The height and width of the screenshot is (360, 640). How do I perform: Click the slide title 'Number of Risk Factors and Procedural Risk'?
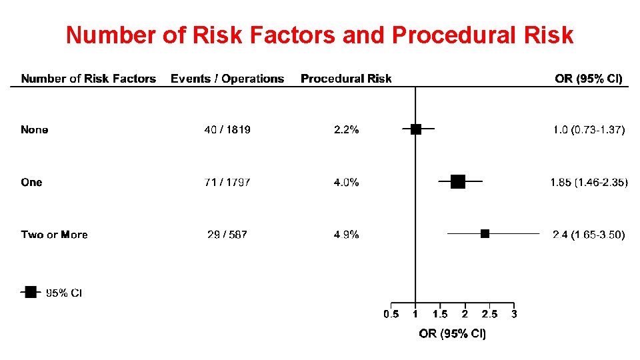(319, 35)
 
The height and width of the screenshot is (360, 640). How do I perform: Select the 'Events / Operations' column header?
(227, 79)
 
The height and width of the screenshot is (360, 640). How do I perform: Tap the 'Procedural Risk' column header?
(346, 79)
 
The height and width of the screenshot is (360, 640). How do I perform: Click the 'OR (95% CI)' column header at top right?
(588, 79)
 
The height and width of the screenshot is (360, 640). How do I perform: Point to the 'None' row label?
(35, 130)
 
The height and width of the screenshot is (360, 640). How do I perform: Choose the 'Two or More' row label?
(54, 235)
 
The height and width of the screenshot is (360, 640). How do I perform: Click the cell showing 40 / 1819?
(227, 130)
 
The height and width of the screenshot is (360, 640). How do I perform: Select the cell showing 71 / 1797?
(227, 182)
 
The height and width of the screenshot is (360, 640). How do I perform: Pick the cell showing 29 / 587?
(227, 235)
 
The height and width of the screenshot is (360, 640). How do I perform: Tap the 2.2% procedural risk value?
(346, 130)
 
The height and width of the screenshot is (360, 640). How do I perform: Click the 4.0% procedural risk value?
(346, 182)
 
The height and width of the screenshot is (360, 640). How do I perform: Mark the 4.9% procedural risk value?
(346, 235)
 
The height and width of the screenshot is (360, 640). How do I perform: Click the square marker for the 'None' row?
(416, 129)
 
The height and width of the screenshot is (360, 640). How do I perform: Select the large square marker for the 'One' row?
(458, 181)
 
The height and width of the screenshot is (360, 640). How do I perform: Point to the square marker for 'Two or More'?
(485, 233)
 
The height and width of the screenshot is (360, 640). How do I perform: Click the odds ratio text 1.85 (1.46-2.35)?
(589, 182)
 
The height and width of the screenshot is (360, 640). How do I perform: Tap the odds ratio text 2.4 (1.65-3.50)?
(589, 235)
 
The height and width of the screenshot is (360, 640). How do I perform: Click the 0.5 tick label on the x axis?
(391, 314)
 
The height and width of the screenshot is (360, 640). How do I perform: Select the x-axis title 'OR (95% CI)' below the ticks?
(452, 333)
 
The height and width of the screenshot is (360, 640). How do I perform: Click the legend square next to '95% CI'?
(31, 292)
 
